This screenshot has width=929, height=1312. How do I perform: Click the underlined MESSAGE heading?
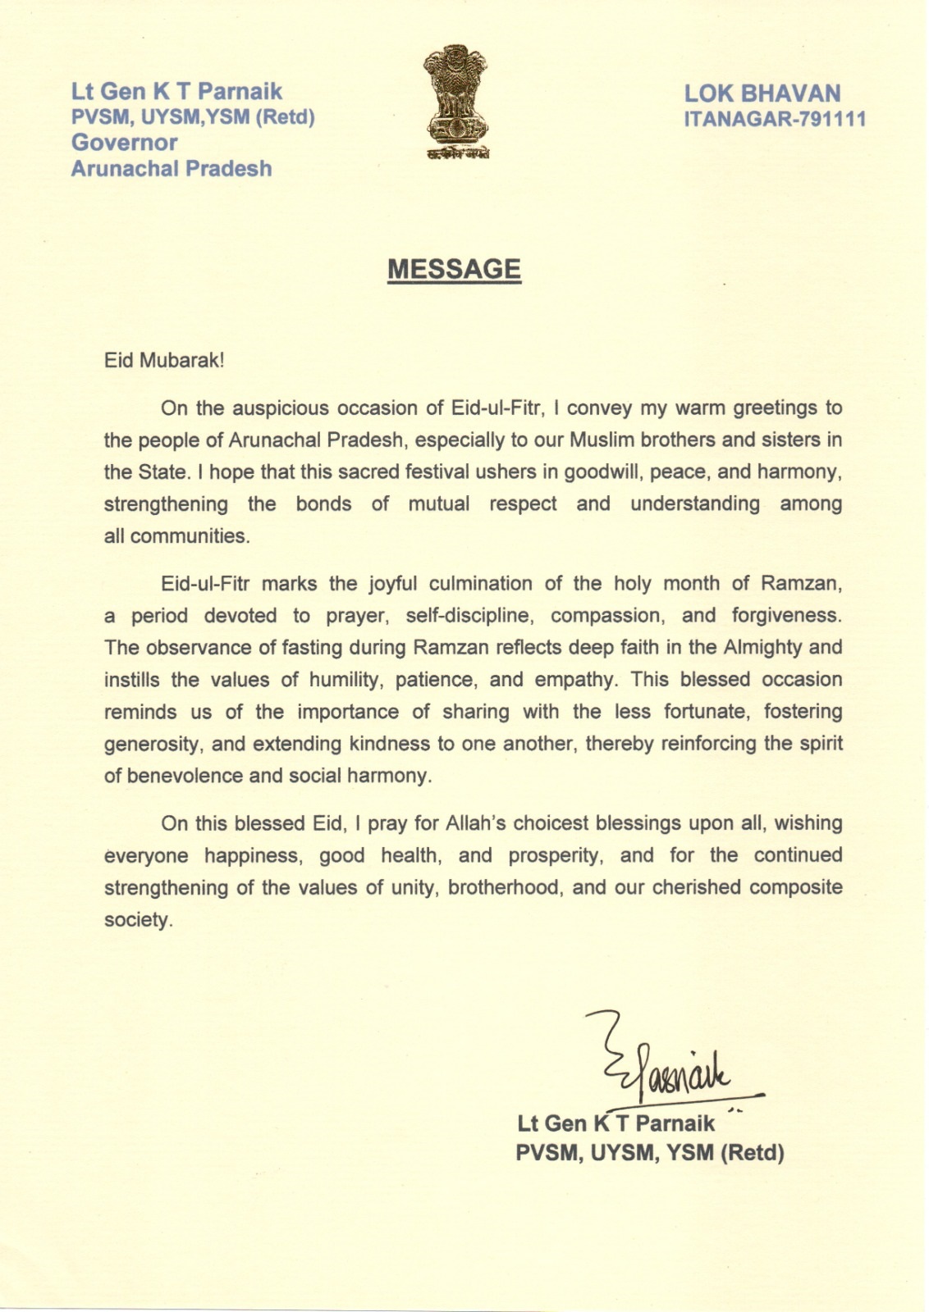[454, 269]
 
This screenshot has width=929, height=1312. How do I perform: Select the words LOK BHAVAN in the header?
[762, 93]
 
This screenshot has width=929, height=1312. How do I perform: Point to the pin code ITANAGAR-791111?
[775, 120]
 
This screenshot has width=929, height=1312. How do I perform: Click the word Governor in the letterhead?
[125, 142]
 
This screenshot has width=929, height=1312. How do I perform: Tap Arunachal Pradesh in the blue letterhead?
[172, 168]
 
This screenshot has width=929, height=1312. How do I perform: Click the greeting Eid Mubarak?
[164, 361]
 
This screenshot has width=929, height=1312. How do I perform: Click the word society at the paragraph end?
[137, 920]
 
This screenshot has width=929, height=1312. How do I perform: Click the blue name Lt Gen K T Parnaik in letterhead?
[177, 91]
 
